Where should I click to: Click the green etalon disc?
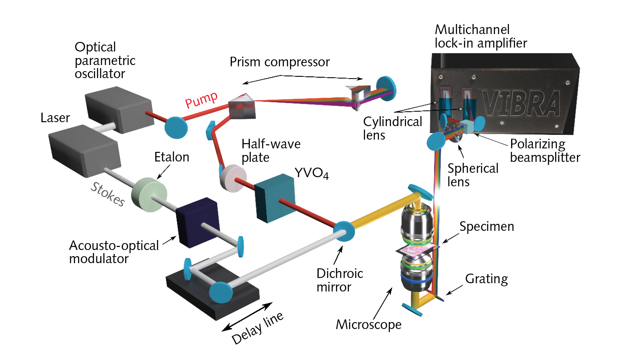149,194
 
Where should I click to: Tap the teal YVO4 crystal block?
274,198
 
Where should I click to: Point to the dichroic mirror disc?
344,231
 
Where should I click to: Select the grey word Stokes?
108,194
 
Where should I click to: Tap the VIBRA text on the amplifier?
521,104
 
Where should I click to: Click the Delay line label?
257,328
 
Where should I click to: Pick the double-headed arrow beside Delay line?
247,316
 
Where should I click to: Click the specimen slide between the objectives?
417,250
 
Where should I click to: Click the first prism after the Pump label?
242,106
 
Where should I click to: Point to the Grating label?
486,279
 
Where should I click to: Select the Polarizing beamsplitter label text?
545,151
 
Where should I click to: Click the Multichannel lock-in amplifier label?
481,36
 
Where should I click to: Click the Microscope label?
368,325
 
